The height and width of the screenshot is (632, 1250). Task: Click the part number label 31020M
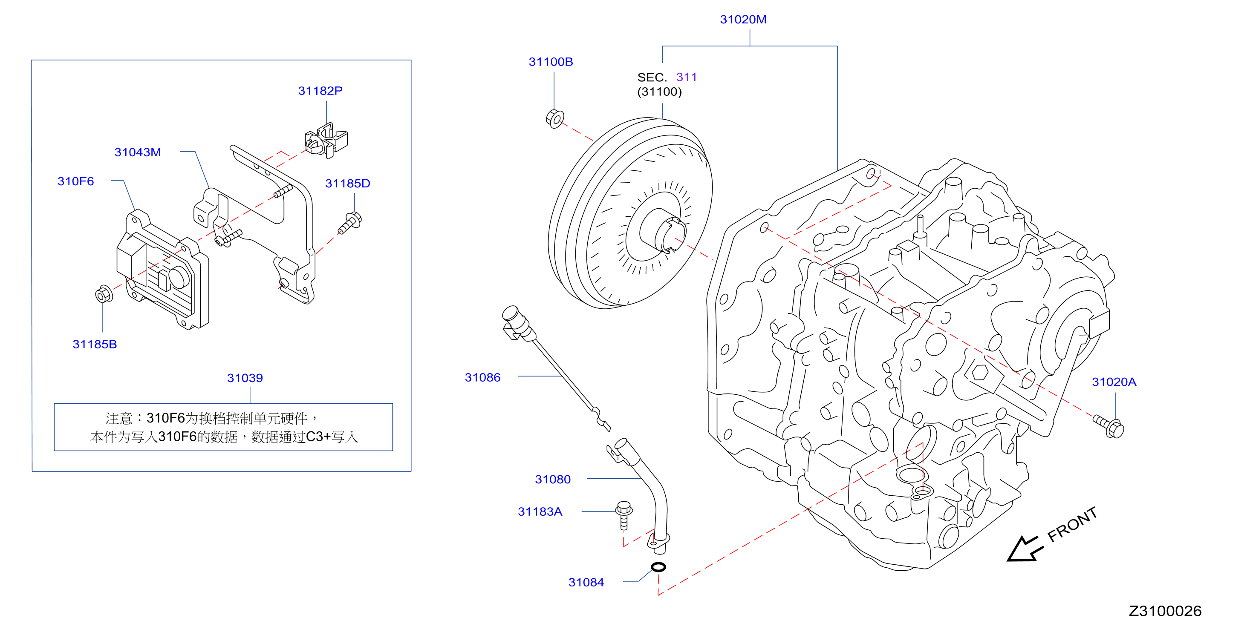pyautogui.click(x=743, y=20)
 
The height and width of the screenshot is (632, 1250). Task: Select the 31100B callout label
pyautogui.click(x=551, y=62)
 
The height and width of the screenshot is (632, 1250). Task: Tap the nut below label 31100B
pyautogui.click(x=554, y=118)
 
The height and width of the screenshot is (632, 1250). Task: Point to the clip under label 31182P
pyautogui.click(x=326, y=141)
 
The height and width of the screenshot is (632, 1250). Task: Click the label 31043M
pyautogui.click(x=137, y=152)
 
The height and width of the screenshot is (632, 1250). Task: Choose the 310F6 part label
pyautogui.click(x=76, y=181)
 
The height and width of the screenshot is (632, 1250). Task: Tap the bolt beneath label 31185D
pyautogui.click(x=350, y=223)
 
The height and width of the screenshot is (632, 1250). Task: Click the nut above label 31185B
pyautogui.click(x=104, y=294)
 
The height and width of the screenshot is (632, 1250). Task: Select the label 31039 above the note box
pyautogui.click(x=245, y=378)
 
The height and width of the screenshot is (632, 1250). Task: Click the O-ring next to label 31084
pyautogui.click(x=658, y=566)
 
